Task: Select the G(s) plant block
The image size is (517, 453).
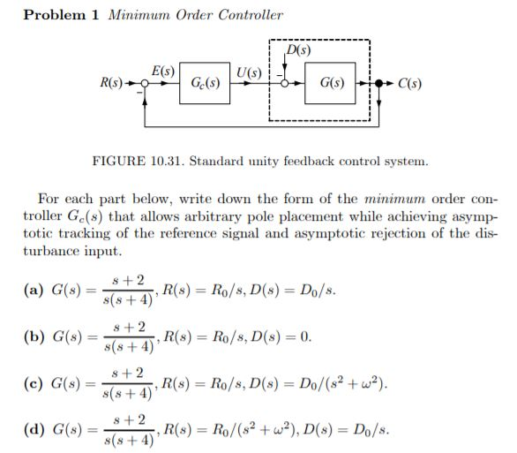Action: coord(332,85)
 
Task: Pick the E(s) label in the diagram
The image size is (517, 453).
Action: coord(162,69)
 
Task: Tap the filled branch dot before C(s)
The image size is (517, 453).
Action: coord(380,85)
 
